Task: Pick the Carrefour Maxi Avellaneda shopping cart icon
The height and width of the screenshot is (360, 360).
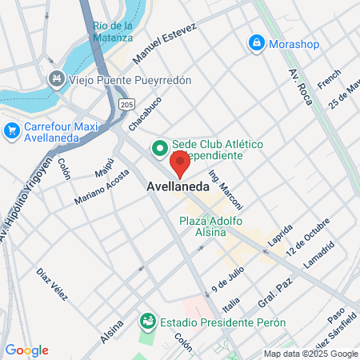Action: tap(12, 130)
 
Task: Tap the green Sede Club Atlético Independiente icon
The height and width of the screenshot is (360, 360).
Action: tap(159, 147)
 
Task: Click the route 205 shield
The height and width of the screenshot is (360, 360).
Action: tap(126, 104)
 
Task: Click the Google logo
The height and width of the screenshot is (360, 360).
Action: tap(26, 350)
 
